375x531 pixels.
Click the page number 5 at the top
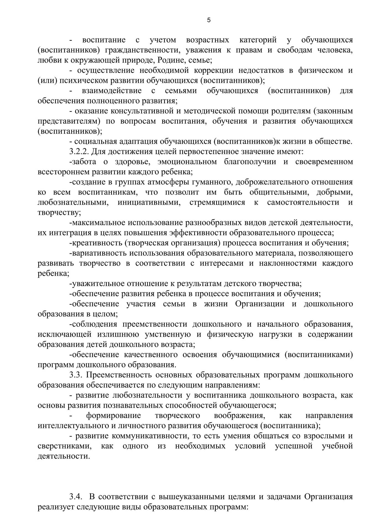pyautogui.click(x=209, y=20)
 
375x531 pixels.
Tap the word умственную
pyautogui.click(x=168, y=334)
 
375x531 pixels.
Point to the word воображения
pyautogui.click(x=239, y=415)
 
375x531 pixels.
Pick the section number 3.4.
pyautogui.click(x=76, y=497)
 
